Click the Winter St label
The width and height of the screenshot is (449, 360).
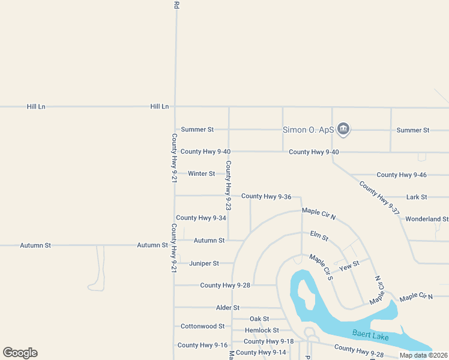[201, 174]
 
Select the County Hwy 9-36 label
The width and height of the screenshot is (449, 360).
[266, 197]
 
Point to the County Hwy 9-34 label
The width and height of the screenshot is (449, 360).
[201, 218]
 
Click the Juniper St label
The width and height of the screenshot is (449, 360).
[203, 263]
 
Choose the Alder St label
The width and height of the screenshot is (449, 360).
[228, 308]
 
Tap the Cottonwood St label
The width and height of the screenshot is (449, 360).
[202, 326]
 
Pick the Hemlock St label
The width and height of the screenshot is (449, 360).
[262, 331]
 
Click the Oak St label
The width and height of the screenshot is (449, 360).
[259, 319]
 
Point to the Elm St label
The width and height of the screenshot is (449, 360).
[319, 236]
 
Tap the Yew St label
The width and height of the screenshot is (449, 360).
[349, 264]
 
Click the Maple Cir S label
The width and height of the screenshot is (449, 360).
[321, 267]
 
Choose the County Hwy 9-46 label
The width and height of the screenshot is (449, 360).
[402, 175]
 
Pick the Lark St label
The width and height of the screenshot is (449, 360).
[416, 197]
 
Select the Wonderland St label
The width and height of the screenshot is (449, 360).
[427, 220]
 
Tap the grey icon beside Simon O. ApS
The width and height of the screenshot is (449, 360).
[343, 128]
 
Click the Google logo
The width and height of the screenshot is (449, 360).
[20, 353]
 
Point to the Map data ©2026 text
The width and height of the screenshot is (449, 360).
[423, 355]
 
